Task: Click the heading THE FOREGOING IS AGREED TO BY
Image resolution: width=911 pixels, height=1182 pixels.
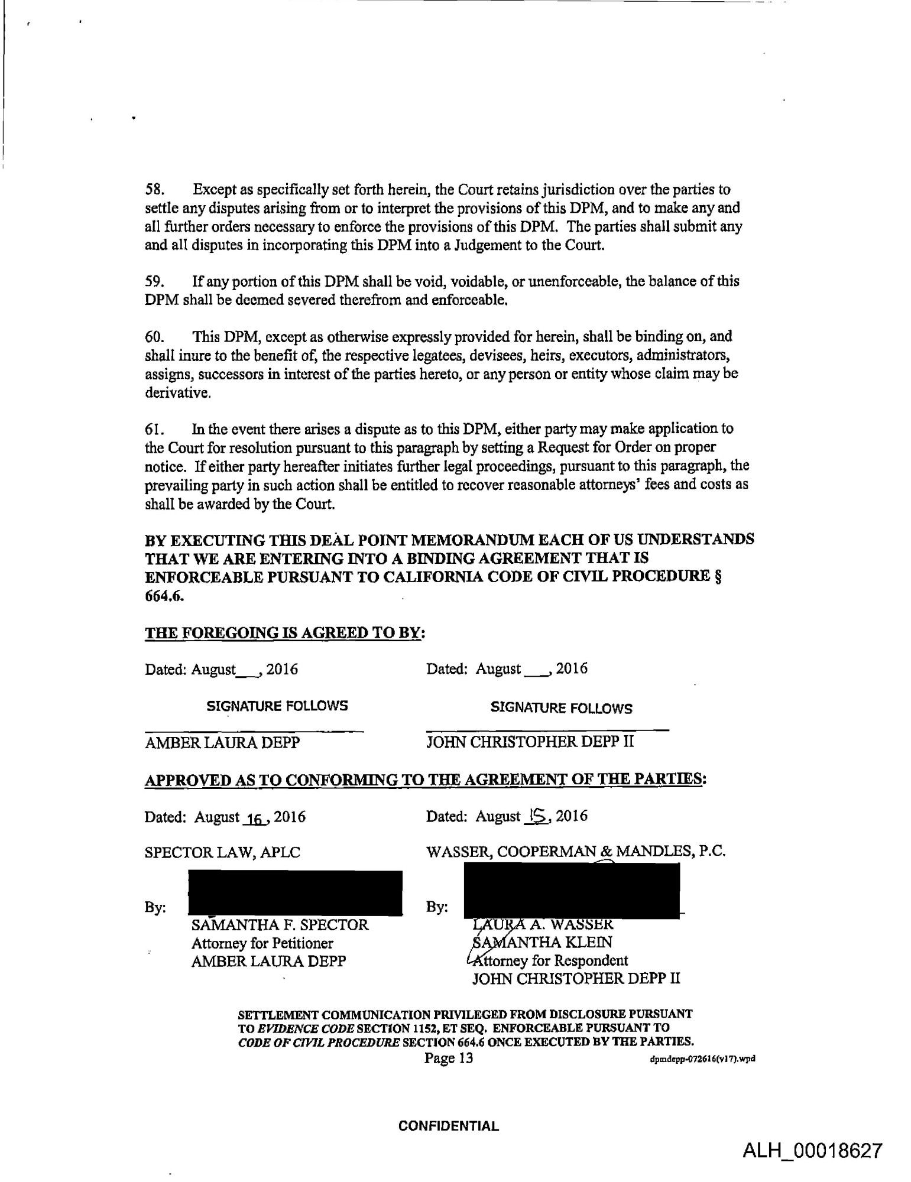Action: pos(284,633)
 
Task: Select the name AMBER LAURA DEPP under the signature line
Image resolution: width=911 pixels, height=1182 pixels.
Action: pos(222,743)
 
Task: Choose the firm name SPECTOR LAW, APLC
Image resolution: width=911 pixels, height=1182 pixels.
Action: pos(222,852)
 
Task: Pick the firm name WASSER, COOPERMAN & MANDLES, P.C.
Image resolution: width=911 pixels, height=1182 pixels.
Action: pos(576,852)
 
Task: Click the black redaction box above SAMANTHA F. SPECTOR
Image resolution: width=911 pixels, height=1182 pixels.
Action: pos(295,893)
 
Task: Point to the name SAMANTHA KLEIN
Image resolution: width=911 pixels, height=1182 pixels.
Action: pos(542,942)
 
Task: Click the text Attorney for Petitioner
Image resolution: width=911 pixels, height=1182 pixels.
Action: pos(262,943)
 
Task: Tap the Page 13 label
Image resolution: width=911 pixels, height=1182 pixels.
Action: pos(449,1058)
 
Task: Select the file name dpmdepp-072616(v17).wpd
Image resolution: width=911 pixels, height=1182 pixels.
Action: pos(702,1060)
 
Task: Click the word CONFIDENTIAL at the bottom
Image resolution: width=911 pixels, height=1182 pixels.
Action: pos(449,1126)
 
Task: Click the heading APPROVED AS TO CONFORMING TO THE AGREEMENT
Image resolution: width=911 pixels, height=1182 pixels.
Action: pos(426,780)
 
